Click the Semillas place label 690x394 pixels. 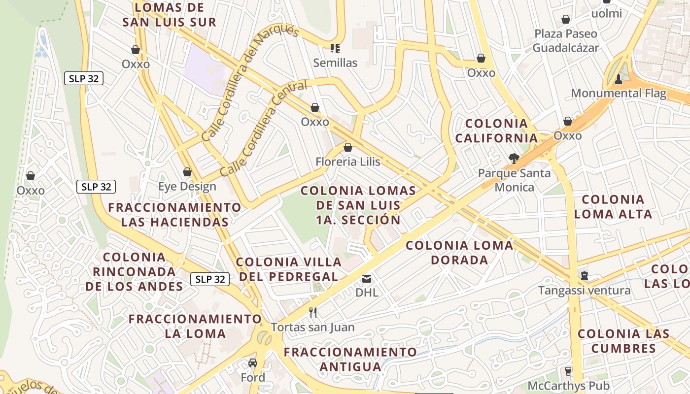pos(335,63)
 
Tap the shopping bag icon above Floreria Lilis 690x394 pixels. pos(348,147)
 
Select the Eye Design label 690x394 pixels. pos(187,187)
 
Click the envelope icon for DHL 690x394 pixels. pos(367,279)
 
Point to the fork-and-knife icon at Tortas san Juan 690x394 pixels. pos(312,312)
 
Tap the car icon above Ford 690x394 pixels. pos(253,363)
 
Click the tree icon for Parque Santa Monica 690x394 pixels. pos(514,159)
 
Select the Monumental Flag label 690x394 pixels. pos(619,93)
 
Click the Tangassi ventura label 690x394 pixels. pos(584,290)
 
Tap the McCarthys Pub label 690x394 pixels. pos(568,386)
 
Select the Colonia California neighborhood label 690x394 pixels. pos(496,131)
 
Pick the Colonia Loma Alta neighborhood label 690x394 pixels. pos(613,206)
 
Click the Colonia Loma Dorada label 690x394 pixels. pos(459,252)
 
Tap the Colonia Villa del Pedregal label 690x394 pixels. pos(289,269)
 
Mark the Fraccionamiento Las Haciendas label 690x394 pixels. pos(175,214)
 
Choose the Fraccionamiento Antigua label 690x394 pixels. pos(350,359)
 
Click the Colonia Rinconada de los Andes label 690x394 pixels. pos(134,271)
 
